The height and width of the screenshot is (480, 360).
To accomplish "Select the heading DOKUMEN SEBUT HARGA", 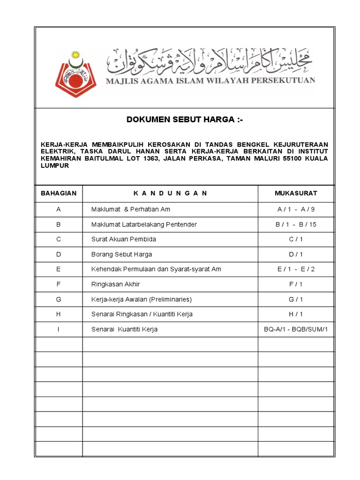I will tap(185, 120).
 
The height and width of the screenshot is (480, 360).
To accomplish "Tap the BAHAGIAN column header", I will tap(59, 193).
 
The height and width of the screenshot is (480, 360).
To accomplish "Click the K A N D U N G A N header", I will tap(170, 193).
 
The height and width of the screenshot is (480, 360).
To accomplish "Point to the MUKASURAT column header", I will tap(296, 193).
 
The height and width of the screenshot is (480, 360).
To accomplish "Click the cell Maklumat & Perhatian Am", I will tap(127, 209).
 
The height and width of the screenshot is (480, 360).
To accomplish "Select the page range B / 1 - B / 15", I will tap(296, 224).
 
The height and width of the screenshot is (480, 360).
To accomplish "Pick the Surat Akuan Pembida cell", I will tap(123, 239).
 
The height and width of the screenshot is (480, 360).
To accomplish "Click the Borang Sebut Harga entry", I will tap(121, 254).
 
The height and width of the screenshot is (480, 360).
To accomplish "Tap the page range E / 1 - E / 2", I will tap(296, 269).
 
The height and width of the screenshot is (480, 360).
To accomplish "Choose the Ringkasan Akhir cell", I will tap(115, 284).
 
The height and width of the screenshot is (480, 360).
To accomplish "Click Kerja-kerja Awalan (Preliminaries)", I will tap(142, 299).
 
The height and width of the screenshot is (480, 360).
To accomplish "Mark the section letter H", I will tap(59, 314).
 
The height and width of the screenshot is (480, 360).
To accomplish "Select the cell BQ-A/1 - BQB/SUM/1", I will tap(296, 329).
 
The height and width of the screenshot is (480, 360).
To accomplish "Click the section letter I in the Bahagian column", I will tap(59, 329).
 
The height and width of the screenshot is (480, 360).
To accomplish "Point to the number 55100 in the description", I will tap(277, 158).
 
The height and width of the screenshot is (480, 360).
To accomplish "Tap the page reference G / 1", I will tap(296, 299).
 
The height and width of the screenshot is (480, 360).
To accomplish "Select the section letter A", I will tap(59, 209).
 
